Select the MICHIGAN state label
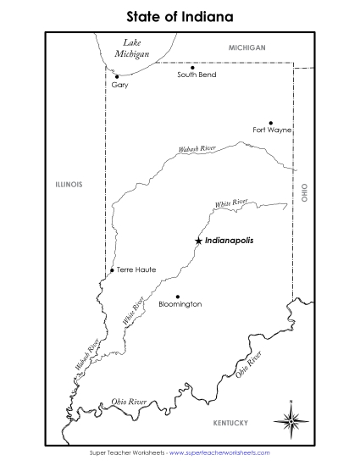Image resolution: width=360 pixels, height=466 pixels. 247,48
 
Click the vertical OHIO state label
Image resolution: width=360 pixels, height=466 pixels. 304,192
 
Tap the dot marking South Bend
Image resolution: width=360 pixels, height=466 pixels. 193,67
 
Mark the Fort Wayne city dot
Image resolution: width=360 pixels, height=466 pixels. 271,122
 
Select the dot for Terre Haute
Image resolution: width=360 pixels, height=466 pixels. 112,270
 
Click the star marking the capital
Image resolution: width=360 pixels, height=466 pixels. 198,241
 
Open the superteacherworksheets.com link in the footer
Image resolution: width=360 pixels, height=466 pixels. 226,453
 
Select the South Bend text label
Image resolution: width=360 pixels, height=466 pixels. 197,75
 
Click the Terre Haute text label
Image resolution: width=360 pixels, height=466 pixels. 136,269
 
